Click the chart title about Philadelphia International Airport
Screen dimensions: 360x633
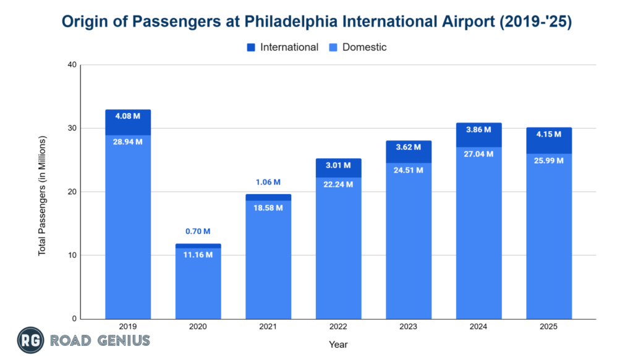coord(316,22)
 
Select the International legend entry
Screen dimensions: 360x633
coord(288,47)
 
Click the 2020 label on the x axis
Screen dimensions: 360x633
coord(198,327)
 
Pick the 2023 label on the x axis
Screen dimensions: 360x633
coord(409,327)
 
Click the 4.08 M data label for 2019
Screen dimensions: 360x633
coord(128,116)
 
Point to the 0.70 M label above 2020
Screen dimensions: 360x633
coord(198,232)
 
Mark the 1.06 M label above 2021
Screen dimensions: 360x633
coord(268,182)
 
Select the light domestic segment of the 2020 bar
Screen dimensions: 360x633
coord(198,285)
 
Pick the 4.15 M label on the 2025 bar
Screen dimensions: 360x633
coord(549,134)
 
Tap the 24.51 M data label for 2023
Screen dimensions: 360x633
coord(409,169)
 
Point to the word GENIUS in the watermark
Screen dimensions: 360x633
coord(124,340)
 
